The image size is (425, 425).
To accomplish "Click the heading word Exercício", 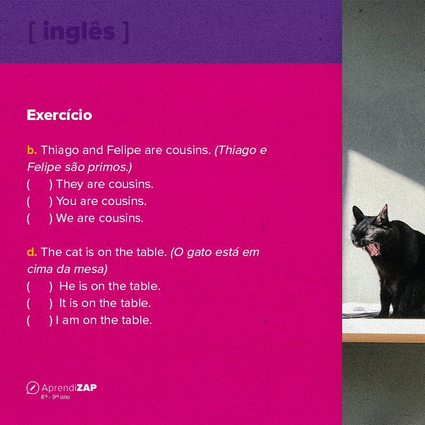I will tap(59, 115).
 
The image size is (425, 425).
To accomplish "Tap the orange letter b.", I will tap(31, 150).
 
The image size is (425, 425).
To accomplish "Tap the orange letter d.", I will tap(31, 252).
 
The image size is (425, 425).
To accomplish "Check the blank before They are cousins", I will tap(38, 184).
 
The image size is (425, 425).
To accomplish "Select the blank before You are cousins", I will tap(38, 201).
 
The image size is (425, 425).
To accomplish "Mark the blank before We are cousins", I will tap(38, 218).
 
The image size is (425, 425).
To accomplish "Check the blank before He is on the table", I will tap(38, 286).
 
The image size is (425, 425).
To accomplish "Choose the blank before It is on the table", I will tap(38, 303).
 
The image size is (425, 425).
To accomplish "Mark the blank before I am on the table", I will tap(38, 320).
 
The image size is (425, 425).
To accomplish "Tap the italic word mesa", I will tap(93, 269).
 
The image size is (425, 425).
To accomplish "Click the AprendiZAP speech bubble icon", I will tap(32, 388).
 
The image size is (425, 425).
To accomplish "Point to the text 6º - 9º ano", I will tap(55, 397).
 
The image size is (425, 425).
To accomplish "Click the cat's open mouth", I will tap(375, 248).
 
